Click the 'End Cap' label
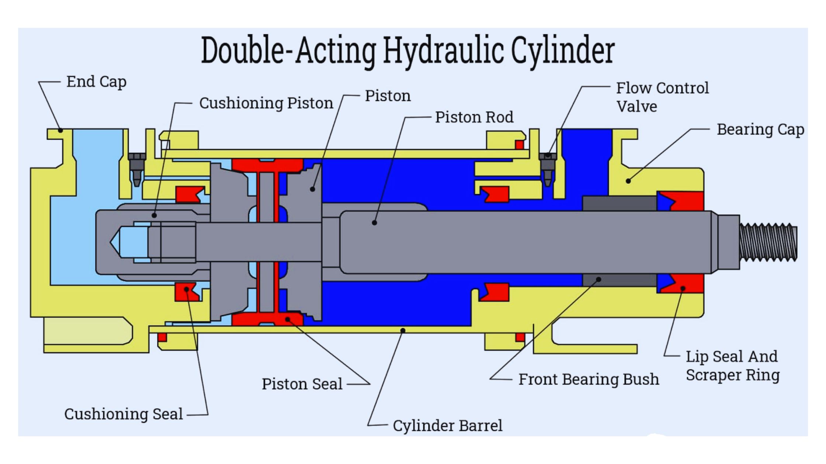(96, 81)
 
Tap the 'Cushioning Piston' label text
(266, 103)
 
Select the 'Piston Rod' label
(474, 117)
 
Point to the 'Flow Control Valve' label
(662, 97)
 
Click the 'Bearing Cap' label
(760, 129)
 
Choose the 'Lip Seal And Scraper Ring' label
(732, 365)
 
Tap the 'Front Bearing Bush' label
(589, 379)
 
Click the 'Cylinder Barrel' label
(447, 425)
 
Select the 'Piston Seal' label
(302, 384)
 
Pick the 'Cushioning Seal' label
(124, 414)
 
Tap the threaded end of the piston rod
(768, 242)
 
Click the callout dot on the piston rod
(374, 222)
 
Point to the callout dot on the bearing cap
(628, 181)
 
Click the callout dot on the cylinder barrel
(403, 330)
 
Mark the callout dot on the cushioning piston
(154, 215)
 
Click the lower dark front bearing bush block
(619, 280)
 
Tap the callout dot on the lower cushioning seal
(187, 289)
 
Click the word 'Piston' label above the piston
(388, 96)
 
